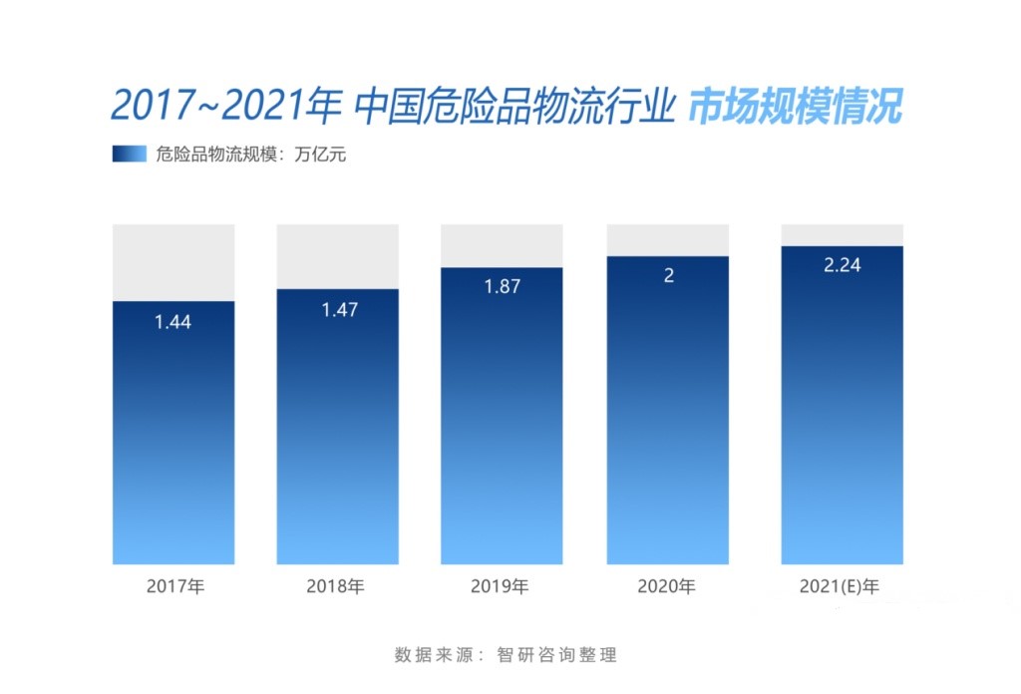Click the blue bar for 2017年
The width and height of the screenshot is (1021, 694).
173,439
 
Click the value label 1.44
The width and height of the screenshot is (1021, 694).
172,322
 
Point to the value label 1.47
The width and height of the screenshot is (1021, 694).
339,310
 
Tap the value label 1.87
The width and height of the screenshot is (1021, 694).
503,287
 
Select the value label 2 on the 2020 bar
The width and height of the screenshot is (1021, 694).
668,276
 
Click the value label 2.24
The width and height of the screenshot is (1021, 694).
842,265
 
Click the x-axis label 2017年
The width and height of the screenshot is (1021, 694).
174,586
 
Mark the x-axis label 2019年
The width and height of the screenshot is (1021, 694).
500,586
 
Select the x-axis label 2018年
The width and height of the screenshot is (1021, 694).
336,586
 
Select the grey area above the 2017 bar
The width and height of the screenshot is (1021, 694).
173,261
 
